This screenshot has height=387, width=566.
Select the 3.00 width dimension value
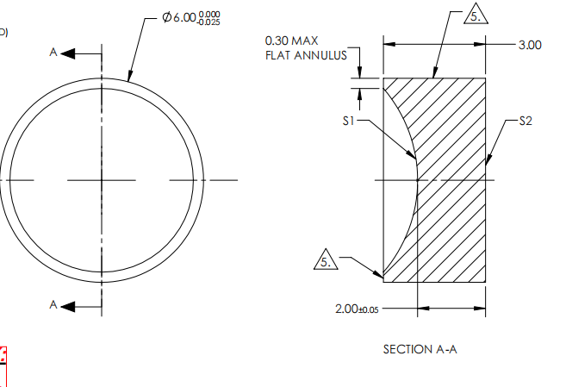coord(530,45)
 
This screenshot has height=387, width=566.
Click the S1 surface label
coord(349,122)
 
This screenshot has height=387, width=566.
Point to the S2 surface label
coord(526,122)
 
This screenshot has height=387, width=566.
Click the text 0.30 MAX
coord(292,41)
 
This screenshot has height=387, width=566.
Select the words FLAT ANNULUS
coord(306,55)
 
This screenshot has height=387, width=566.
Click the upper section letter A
coord(53,53)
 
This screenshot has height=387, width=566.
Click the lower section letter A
coord(53,304)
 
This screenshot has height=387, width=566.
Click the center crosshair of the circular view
coord(102,179)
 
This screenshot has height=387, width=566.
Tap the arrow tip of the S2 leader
coord(487,161)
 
